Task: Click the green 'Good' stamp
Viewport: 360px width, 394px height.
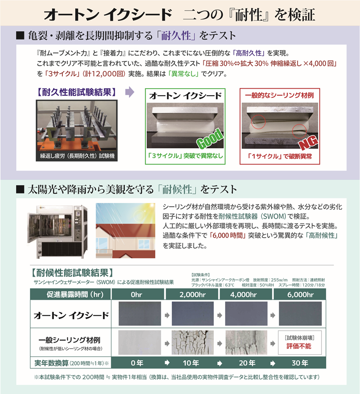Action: [210, 139]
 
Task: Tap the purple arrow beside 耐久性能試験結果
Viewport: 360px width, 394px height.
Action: [130, 92]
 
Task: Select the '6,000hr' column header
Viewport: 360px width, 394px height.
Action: [300, 294]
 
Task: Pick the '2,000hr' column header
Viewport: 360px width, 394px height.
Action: [192, 294]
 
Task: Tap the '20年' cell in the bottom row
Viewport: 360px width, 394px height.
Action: [247, 363]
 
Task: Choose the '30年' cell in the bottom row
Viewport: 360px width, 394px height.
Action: [300, 363]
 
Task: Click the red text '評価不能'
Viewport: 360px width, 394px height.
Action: [299, 346]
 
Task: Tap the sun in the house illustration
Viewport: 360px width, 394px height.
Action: [140, 215]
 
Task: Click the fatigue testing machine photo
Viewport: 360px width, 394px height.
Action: [77, 131]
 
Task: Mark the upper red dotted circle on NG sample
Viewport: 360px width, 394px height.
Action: [258, 122]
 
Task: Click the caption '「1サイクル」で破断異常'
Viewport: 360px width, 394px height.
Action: [280, 156]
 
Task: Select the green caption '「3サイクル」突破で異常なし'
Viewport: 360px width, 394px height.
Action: [185, 156]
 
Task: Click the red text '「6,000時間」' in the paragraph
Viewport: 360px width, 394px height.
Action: [228, 235]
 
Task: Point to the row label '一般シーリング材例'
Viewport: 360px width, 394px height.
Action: [70, 340]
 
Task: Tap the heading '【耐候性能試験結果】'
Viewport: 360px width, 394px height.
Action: [72, 273]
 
